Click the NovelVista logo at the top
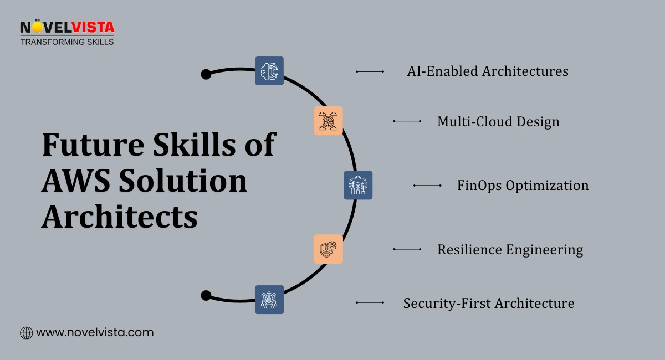(x=66, y=28)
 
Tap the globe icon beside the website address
(x=26, y=333)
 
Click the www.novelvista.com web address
(x=95, y=333)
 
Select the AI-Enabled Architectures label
(x=488, y=71)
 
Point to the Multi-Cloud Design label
(x=498, y=121)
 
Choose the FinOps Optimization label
(x=523, y=185)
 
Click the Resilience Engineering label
(x=510, y=250)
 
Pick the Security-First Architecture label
(x=488, y=303)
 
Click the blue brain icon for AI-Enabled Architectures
(x=269, y=71)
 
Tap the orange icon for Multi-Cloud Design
(x=328, y=121)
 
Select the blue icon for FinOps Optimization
(x=358, y=185)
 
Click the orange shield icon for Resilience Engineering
(x=328, y=249)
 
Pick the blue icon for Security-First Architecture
(x=269, y=300)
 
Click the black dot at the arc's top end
(x=206, y=74)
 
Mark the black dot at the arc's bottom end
(x=206, y=295)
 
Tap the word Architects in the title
(x=119, y=217)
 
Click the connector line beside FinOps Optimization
(x=427, y=186)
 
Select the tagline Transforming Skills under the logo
(x=66, y=42)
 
